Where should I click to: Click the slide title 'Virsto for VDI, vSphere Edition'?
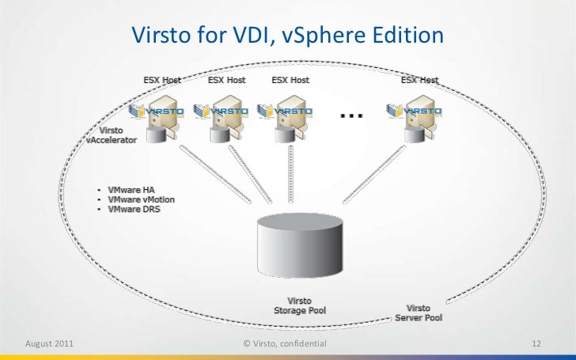coord(288,36)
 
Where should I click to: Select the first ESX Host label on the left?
coord(162,80)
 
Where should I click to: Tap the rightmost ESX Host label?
coord(419,80)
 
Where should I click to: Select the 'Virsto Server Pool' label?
coord(419,313)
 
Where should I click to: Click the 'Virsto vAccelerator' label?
coord(112,135)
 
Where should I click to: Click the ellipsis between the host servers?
coord(351,116)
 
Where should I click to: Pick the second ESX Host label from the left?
coord(227,80)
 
